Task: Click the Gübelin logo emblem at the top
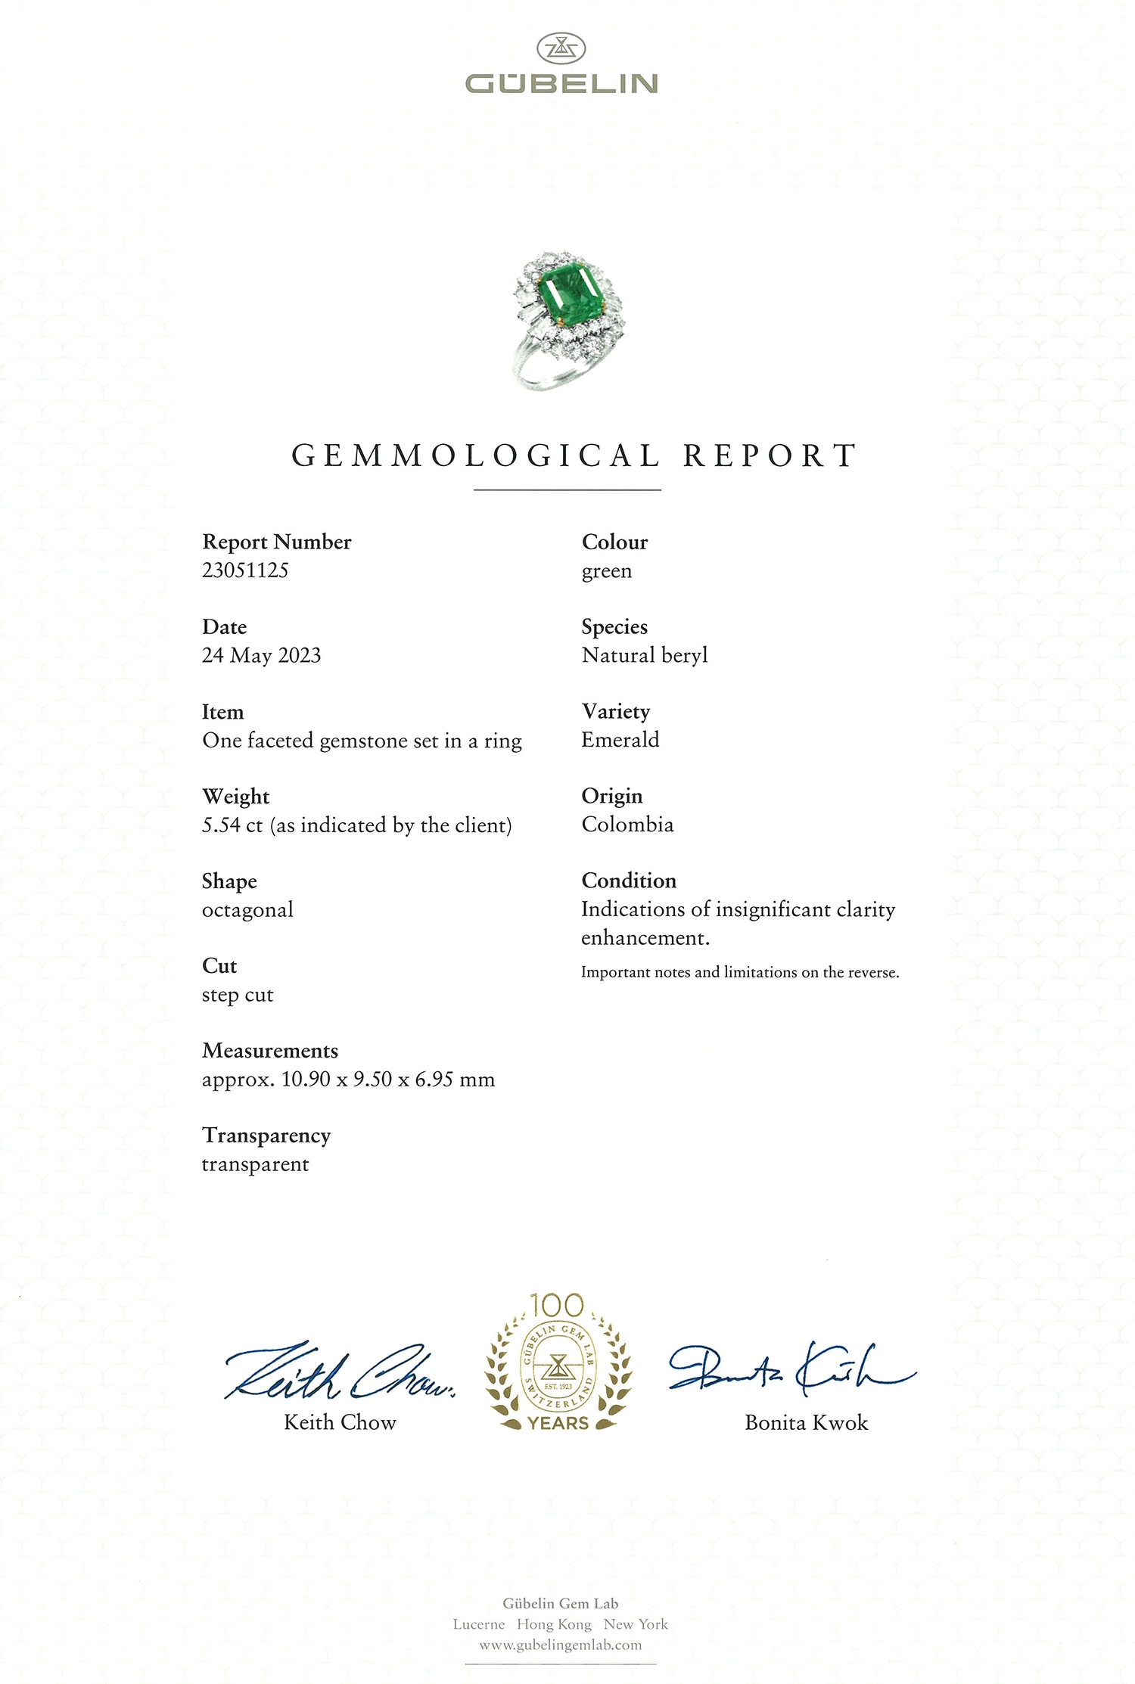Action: (561, 48)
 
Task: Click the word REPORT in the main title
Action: (770, 455)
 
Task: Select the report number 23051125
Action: (245, 570)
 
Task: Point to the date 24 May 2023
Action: (261, 655)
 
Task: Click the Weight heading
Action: (235, 797)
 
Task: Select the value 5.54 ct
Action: (232, 825)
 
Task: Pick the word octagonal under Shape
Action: (247, 910)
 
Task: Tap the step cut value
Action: (238, 995)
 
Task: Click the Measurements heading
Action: (270, 1051)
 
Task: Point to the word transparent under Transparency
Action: (255, 1164)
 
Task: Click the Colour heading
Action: (614, 542)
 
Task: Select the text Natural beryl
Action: (645, 655)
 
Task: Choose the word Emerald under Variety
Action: (620, 740)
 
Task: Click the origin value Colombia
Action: (627, 825)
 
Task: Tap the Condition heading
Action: (629, 881)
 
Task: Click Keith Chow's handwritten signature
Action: (339, 1372)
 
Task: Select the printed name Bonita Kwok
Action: (806, 1423)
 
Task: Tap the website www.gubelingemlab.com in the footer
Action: (561, 1645)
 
